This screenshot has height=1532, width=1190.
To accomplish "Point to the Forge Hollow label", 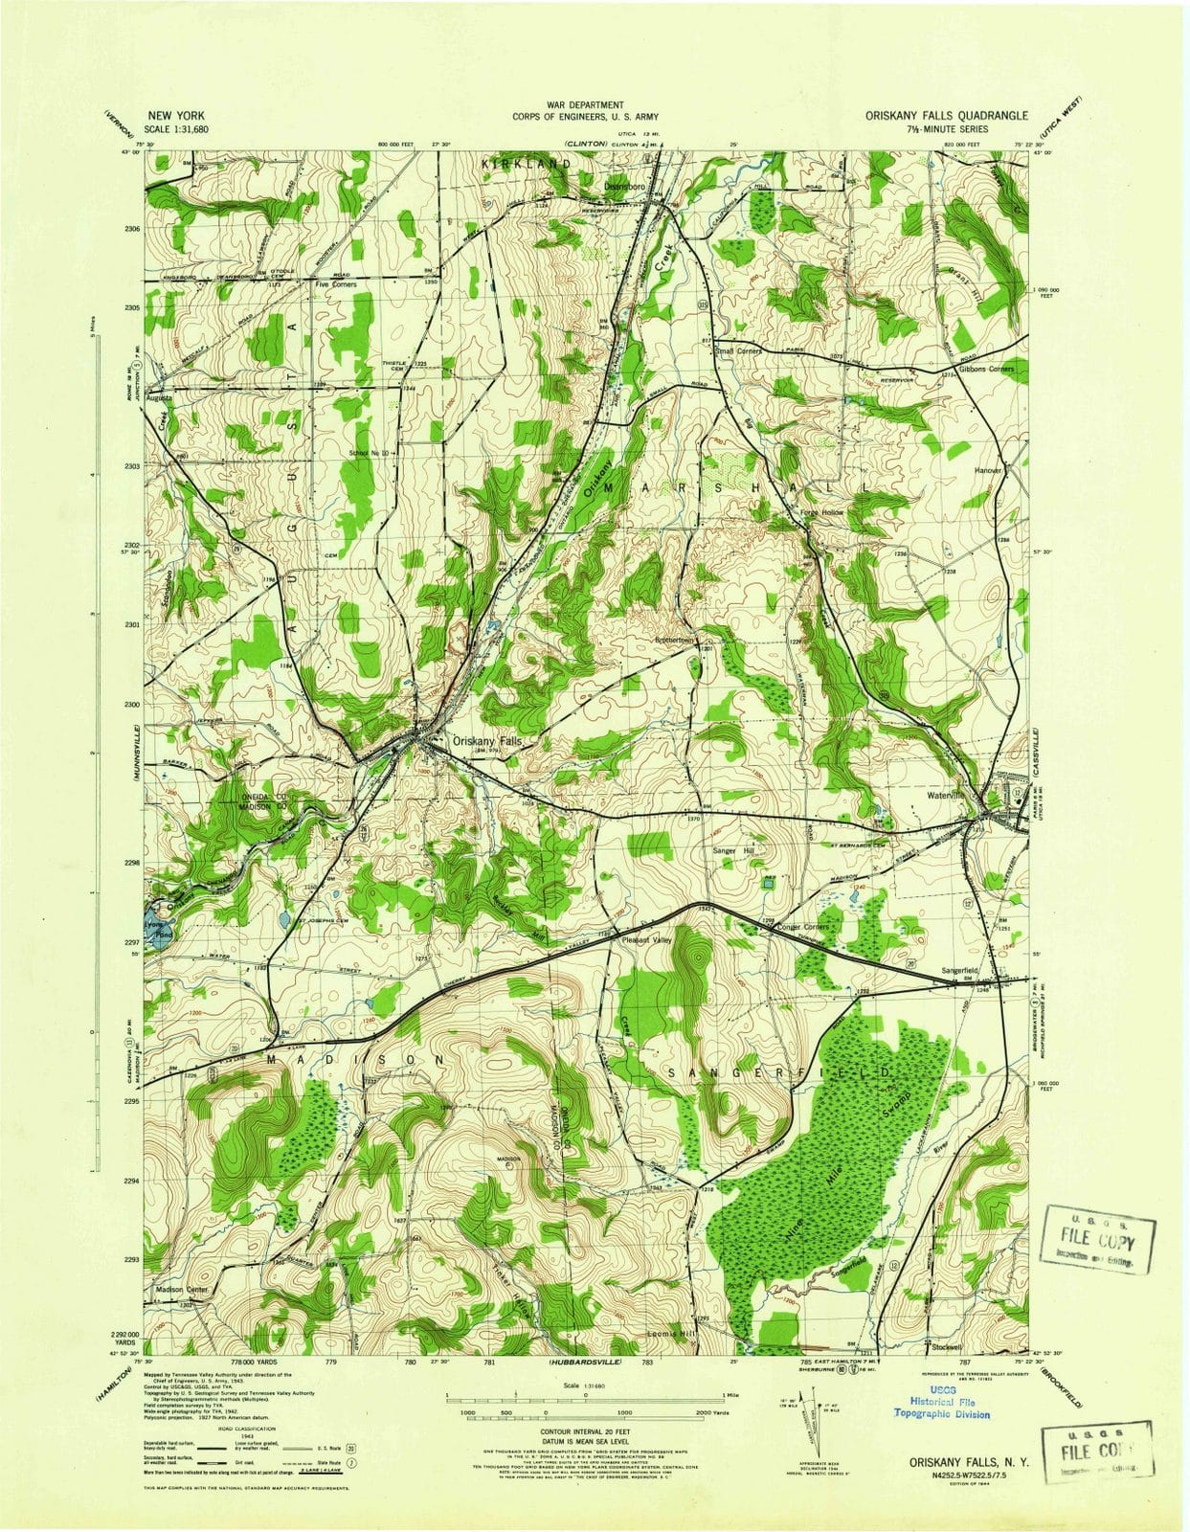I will click(821, 512).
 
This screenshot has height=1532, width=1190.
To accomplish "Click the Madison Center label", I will click(181, 1291).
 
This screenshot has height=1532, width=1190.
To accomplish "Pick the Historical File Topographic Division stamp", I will click(942, 1406).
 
